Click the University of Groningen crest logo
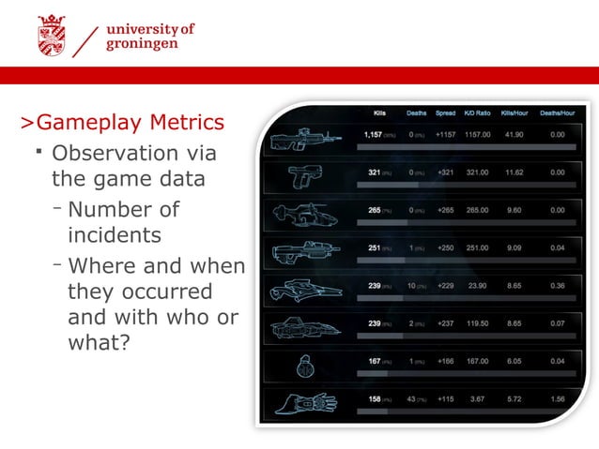(54, 36)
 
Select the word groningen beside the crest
(140, 45)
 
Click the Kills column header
(379, 113)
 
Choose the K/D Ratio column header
(478, 113)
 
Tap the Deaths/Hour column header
(558, 113)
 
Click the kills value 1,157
(374, 135)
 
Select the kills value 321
(374, 172)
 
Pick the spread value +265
(445, 211)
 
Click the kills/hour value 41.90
(514, 135)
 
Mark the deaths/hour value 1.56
(557, 398)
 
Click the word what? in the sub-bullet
(99, 343)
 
